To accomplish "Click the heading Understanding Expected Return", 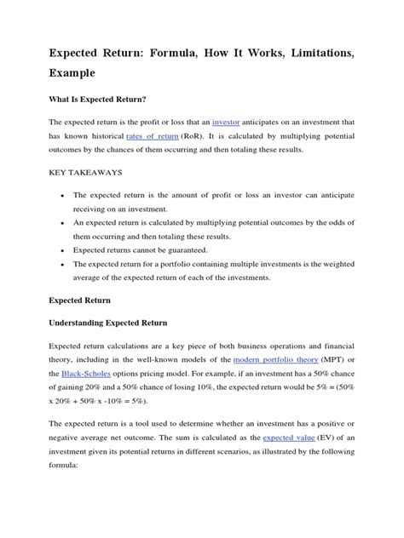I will pos(107,323).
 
